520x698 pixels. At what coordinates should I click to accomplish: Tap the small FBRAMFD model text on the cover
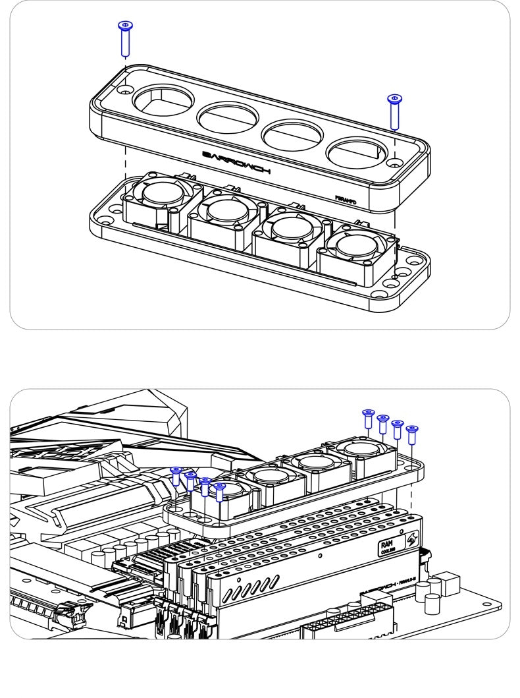[346, 197]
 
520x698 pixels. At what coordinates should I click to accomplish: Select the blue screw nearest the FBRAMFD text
[395, 111]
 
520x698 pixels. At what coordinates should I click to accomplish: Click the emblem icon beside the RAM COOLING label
[411, 539]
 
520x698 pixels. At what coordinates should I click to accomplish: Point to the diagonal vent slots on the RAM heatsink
[246, 589]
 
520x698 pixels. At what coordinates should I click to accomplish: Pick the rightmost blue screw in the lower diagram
[412, 436]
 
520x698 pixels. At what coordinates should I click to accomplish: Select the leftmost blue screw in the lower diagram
[176, 476]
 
